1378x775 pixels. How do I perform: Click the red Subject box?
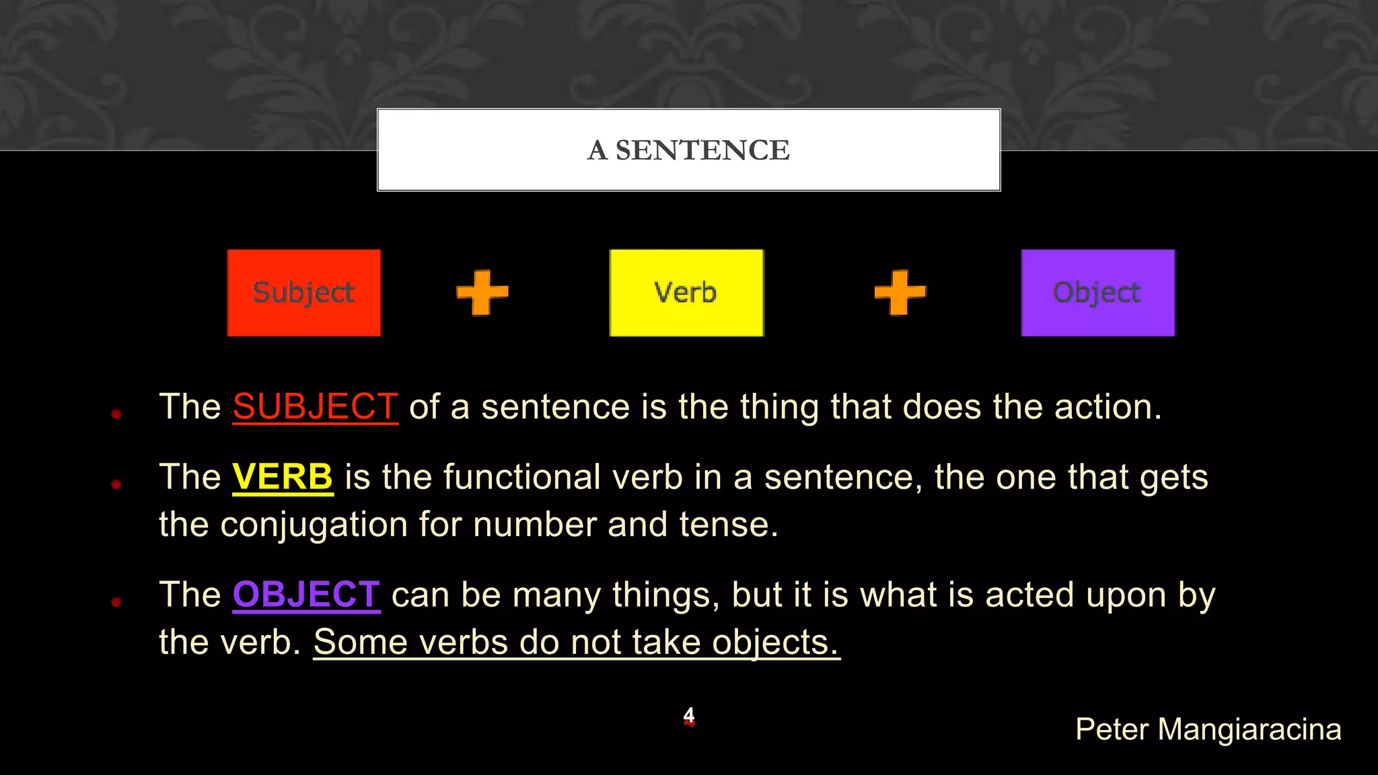tap(303, 293)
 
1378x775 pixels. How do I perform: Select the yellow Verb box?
tap(686, 293)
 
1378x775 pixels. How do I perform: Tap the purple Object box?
tap(1097, 293)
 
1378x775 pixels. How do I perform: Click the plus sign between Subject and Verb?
tap(482, 292)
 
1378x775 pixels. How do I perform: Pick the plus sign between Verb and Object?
tap(900, 292)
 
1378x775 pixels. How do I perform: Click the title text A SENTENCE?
tap(688, 150)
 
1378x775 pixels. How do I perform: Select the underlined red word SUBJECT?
tap(315, 407)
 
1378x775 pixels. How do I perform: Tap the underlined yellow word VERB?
tap(283, 477)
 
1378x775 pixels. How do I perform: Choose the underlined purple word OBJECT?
tap(306, 595)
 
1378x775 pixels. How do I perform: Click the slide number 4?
tap(689, 715)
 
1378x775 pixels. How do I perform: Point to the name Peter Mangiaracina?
tap(1208, 729)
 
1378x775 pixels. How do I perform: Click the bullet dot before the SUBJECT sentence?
tap(116, 414)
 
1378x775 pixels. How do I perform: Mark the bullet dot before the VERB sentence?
tap(116, 484)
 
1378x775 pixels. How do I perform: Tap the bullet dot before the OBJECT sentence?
tap(116, 601)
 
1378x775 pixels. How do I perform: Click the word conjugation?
tap(314, 525)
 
